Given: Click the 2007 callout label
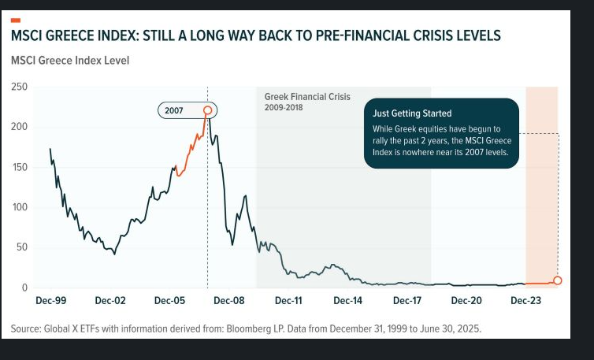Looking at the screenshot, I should [174, 111].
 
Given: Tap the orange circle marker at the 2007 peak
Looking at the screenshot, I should [208, 111].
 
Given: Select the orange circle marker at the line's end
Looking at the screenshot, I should [558, 280].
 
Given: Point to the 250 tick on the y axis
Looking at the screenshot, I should [19, 87].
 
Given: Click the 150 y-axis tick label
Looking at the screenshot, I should [19, 167].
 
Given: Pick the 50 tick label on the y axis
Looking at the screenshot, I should [22, 247].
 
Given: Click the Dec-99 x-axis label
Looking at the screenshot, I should [52, 300].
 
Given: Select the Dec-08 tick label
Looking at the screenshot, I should [229, 300].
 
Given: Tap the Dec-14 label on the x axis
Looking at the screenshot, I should [347, 300].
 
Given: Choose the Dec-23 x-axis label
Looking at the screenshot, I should [525, 300].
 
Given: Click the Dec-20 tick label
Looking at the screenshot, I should [466, 300].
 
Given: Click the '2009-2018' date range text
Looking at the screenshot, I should [284, 107].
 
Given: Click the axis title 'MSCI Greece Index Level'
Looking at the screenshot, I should [70, 60].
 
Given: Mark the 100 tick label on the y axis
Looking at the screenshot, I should [19, 207].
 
